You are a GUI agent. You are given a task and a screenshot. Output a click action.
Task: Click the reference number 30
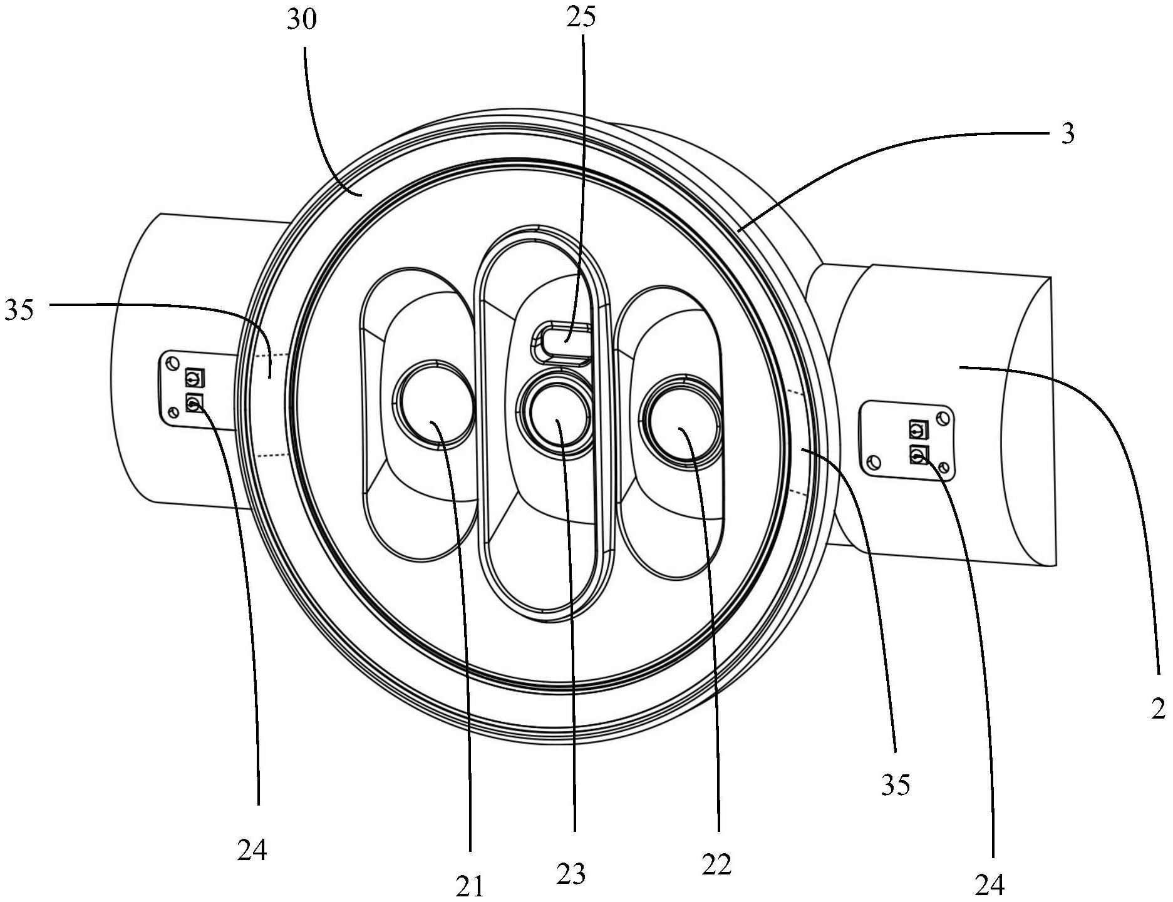302,21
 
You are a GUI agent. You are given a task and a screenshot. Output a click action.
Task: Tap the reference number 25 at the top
581,17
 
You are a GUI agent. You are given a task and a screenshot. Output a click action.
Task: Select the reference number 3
1068,133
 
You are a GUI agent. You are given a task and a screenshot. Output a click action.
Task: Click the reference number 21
470,886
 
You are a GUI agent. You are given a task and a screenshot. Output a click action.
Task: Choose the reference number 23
571,874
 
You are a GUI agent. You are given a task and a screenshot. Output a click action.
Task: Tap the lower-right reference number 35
895,784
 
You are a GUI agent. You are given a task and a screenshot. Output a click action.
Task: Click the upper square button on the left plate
194,379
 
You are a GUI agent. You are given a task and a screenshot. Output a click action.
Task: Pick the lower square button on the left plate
194,403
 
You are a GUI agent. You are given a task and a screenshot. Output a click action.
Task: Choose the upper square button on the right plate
917,429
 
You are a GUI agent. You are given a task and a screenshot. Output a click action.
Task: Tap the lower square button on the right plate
919,454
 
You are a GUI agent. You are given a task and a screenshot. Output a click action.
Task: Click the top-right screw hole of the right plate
942,418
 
